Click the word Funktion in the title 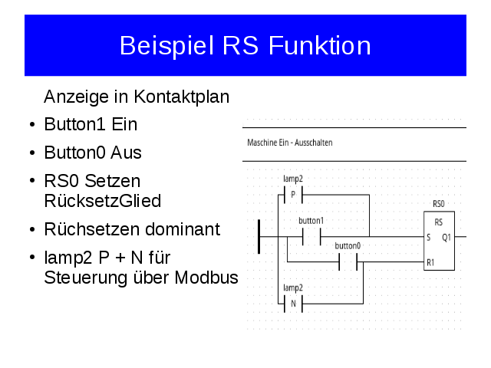[320, 46]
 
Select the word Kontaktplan [182, 97]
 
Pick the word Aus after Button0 [126, 153]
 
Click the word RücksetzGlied [103, 201]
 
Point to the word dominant [183, 229]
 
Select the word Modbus [206, 278]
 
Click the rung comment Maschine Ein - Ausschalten [290, 143]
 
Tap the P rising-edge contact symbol [293, 195]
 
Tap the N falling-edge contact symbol [293, 304]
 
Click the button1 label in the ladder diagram [311, 221]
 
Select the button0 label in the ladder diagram [348, 245]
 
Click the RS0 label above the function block [438, 204]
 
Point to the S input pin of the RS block [429, 238]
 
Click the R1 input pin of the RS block [430, 262]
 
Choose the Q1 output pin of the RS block [447, 238]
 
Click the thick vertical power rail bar [259, 237]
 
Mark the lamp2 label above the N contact [293, 287]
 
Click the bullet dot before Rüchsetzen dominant [32, 230]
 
